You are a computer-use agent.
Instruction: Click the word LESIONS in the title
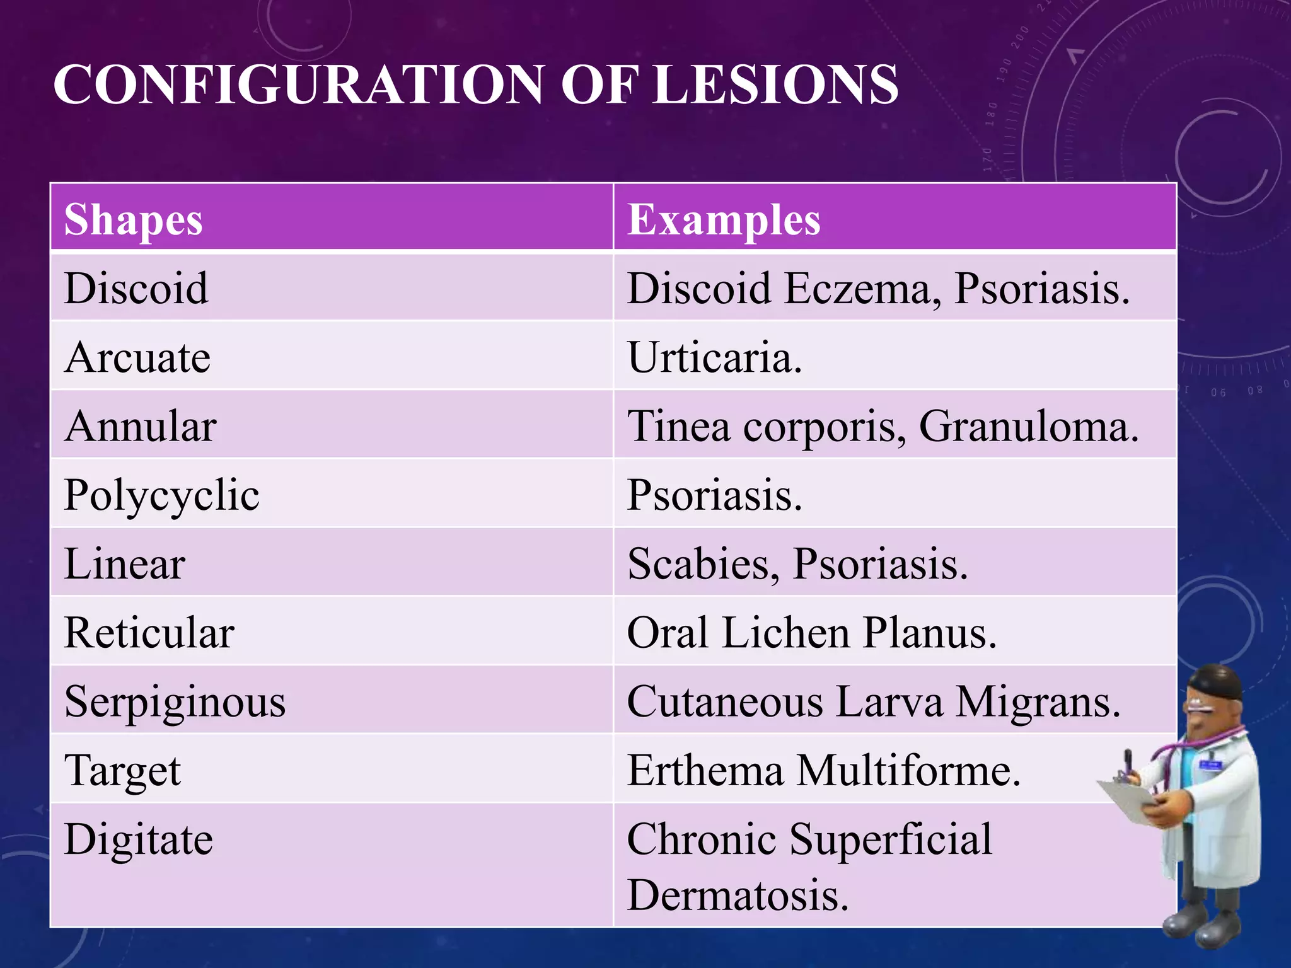click(x=775, y=85)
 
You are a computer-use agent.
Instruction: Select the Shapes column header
click(x=134, y=220)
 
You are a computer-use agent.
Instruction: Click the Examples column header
click(x=724, y=220)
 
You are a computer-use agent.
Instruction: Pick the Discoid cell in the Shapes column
click(x=136, y=289)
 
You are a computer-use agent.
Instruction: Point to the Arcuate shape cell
click(x=137, y=357)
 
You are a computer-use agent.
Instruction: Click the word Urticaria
click(x=715, y=357)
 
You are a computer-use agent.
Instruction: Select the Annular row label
click(x=141, y=426)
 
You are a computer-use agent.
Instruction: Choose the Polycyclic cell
click(x=162, y=495)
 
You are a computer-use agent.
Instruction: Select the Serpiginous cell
click(x=175, y=701)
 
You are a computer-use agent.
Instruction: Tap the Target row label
click(x=123, y=770)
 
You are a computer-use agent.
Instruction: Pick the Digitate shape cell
click(x=139, y=839)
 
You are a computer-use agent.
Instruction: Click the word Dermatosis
click(x=738, y=895)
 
